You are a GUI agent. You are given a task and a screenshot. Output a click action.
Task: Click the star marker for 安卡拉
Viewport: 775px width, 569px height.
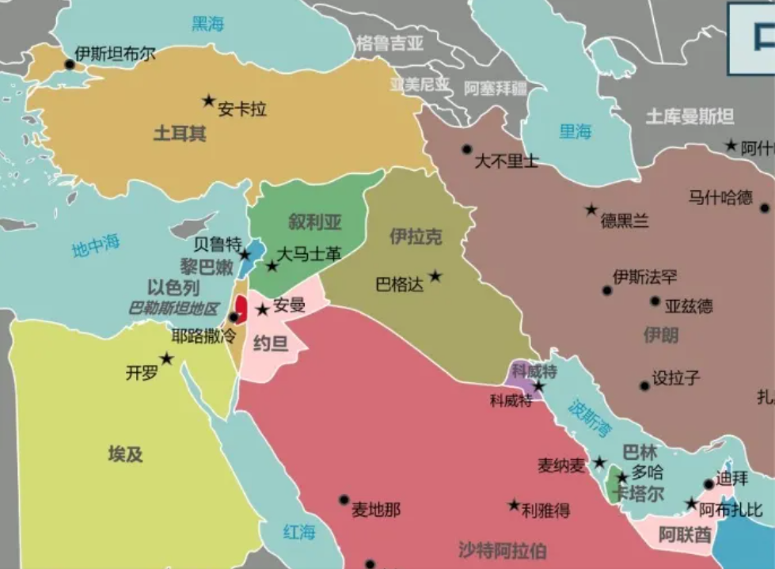point(208,101)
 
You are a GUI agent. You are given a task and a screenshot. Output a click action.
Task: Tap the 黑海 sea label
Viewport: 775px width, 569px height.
point(208,24)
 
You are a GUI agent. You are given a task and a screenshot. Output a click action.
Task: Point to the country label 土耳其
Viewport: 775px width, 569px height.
point(180,133)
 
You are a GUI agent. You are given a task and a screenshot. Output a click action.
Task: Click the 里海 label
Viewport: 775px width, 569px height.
point(576,131)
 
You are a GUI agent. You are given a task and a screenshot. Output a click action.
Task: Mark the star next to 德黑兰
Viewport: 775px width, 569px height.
point(591,210)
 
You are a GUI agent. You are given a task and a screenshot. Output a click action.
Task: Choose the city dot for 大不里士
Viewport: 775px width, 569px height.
point(467,149)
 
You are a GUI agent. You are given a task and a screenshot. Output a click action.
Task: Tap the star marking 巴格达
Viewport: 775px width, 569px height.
point(435,276)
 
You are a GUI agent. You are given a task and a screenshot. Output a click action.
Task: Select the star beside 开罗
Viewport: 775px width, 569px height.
point(166,358)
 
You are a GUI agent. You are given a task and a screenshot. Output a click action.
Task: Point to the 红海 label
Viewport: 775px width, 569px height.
point(299,532)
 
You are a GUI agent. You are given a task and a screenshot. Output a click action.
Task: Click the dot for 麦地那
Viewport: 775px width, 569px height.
point(344,500)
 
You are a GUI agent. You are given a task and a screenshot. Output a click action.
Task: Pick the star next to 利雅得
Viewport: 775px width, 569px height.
point(514,505)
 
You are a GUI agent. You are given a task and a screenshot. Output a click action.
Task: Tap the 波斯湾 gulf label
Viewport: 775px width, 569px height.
point(590,418)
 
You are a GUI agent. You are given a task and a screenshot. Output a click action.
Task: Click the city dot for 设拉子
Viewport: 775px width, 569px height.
point(644,385)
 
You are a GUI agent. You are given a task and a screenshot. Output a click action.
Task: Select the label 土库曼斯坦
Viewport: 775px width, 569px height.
point(690,116)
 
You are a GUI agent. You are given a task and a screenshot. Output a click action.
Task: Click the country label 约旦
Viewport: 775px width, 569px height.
point(270,343)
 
